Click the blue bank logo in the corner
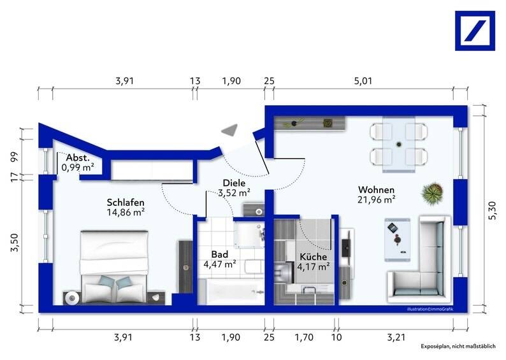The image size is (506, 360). (475, 31)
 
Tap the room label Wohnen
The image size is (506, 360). (376, 190)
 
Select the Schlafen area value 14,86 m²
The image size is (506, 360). (126, 212)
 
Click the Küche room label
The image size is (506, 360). (314, 257)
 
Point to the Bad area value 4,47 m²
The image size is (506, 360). (220, 264)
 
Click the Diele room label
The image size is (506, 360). (235, 183)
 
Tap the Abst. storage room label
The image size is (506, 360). (78, 158)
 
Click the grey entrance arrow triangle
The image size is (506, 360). (230, 130)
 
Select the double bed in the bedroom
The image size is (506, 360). (114, 267)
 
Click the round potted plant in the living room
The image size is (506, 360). (433, 192)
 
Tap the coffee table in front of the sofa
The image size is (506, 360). (397, 240)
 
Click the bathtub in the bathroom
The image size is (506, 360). (231, 292)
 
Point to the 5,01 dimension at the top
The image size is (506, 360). (363, 81)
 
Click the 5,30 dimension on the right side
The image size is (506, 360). (492, 210)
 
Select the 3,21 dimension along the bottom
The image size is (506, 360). (396, 338)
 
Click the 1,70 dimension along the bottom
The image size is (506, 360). (304, 338)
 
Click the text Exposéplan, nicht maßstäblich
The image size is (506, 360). (458, 346)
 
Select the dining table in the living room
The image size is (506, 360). (399, 144)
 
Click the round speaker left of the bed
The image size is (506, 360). (72, 298)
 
